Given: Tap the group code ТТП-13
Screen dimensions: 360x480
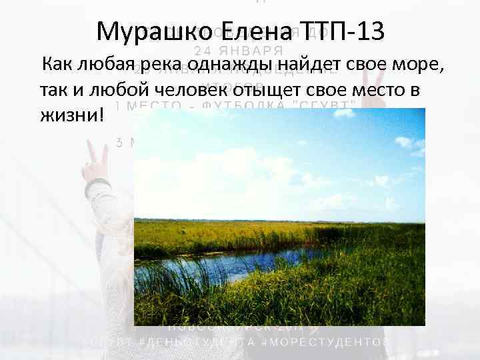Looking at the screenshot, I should [x=343, y=31].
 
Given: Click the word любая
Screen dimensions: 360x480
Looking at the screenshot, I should [x=104, y=65].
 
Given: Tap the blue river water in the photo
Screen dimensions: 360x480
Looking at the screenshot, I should [x=200, y=267].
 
